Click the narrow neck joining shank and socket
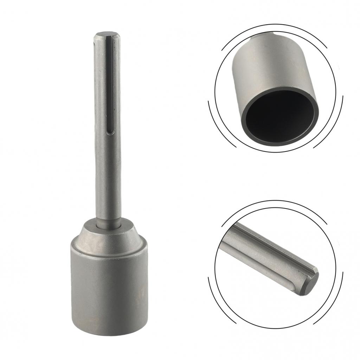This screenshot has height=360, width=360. (x=109, y=221)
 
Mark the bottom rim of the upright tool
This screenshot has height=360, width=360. (x=109, y=333)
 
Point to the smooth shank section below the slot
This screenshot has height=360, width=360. (x=108, y=176)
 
